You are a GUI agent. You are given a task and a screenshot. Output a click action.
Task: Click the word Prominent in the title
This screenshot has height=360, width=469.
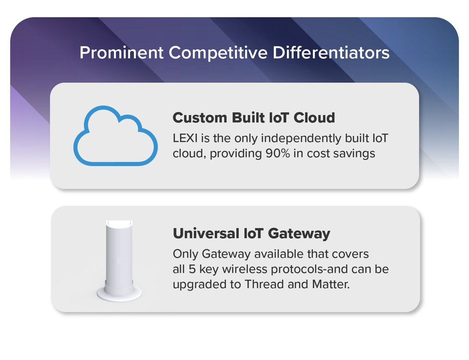click(x=121, y=53)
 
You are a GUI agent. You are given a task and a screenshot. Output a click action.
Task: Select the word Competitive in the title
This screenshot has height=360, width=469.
click(x=218, y=53)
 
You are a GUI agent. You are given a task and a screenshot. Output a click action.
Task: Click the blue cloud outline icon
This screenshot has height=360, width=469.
click(x=116, y=136)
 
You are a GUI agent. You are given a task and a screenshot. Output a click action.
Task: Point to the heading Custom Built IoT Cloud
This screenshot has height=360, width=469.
click(x=254, y=118)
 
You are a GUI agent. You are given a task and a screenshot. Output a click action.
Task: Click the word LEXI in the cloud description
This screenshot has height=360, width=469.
click(x=185, y=138)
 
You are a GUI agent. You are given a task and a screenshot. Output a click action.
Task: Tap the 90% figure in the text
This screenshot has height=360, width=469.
click(x=278, y=153)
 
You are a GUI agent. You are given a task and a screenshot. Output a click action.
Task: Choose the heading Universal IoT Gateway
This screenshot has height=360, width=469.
click(x=251, y=234)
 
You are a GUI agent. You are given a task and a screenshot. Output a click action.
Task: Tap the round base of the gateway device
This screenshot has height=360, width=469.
click(x=119, y=295)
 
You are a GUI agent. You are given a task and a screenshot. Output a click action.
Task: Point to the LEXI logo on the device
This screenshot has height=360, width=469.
click(x=119, y=261)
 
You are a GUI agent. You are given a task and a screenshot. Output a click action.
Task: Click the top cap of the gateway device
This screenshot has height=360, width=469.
click(x=119, y=223)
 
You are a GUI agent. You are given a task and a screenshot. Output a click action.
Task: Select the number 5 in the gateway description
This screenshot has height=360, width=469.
click(x=192, y=269)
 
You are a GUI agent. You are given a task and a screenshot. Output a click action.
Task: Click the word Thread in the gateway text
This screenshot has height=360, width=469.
click(x=265, y=284)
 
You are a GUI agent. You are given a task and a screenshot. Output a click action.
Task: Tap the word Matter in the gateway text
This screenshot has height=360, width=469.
click(x=331, y=284)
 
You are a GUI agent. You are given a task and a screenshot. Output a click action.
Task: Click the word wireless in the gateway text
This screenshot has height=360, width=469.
click(x=245, y=269)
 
